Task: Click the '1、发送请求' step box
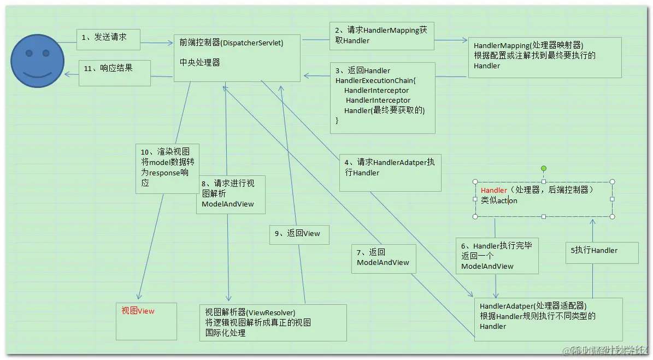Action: [x=108, y=38]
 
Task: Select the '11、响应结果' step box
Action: [x=114, y=72]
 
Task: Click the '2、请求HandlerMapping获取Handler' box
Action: [x=381, y=36]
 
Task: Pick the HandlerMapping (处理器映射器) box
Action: [x=544, y=57]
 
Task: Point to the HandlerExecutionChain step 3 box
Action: [x=382, y=97]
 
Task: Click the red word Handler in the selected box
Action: [x=494, y=190]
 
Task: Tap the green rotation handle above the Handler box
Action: [x=544, y=168]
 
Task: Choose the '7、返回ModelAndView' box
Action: [x=384, y=258]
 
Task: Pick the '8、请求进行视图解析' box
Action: [x=231, y=194]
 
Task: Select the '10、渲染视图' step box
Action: [x=167, y=168]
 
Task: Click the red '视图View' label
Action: [x=138, y=311]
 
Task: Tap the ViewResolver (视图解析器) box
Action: [x=273, y=322]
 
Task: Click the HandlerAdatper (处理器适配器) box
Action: [x=548, y=319]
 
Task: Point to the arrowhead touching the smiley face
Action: [x=67, y=75]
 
